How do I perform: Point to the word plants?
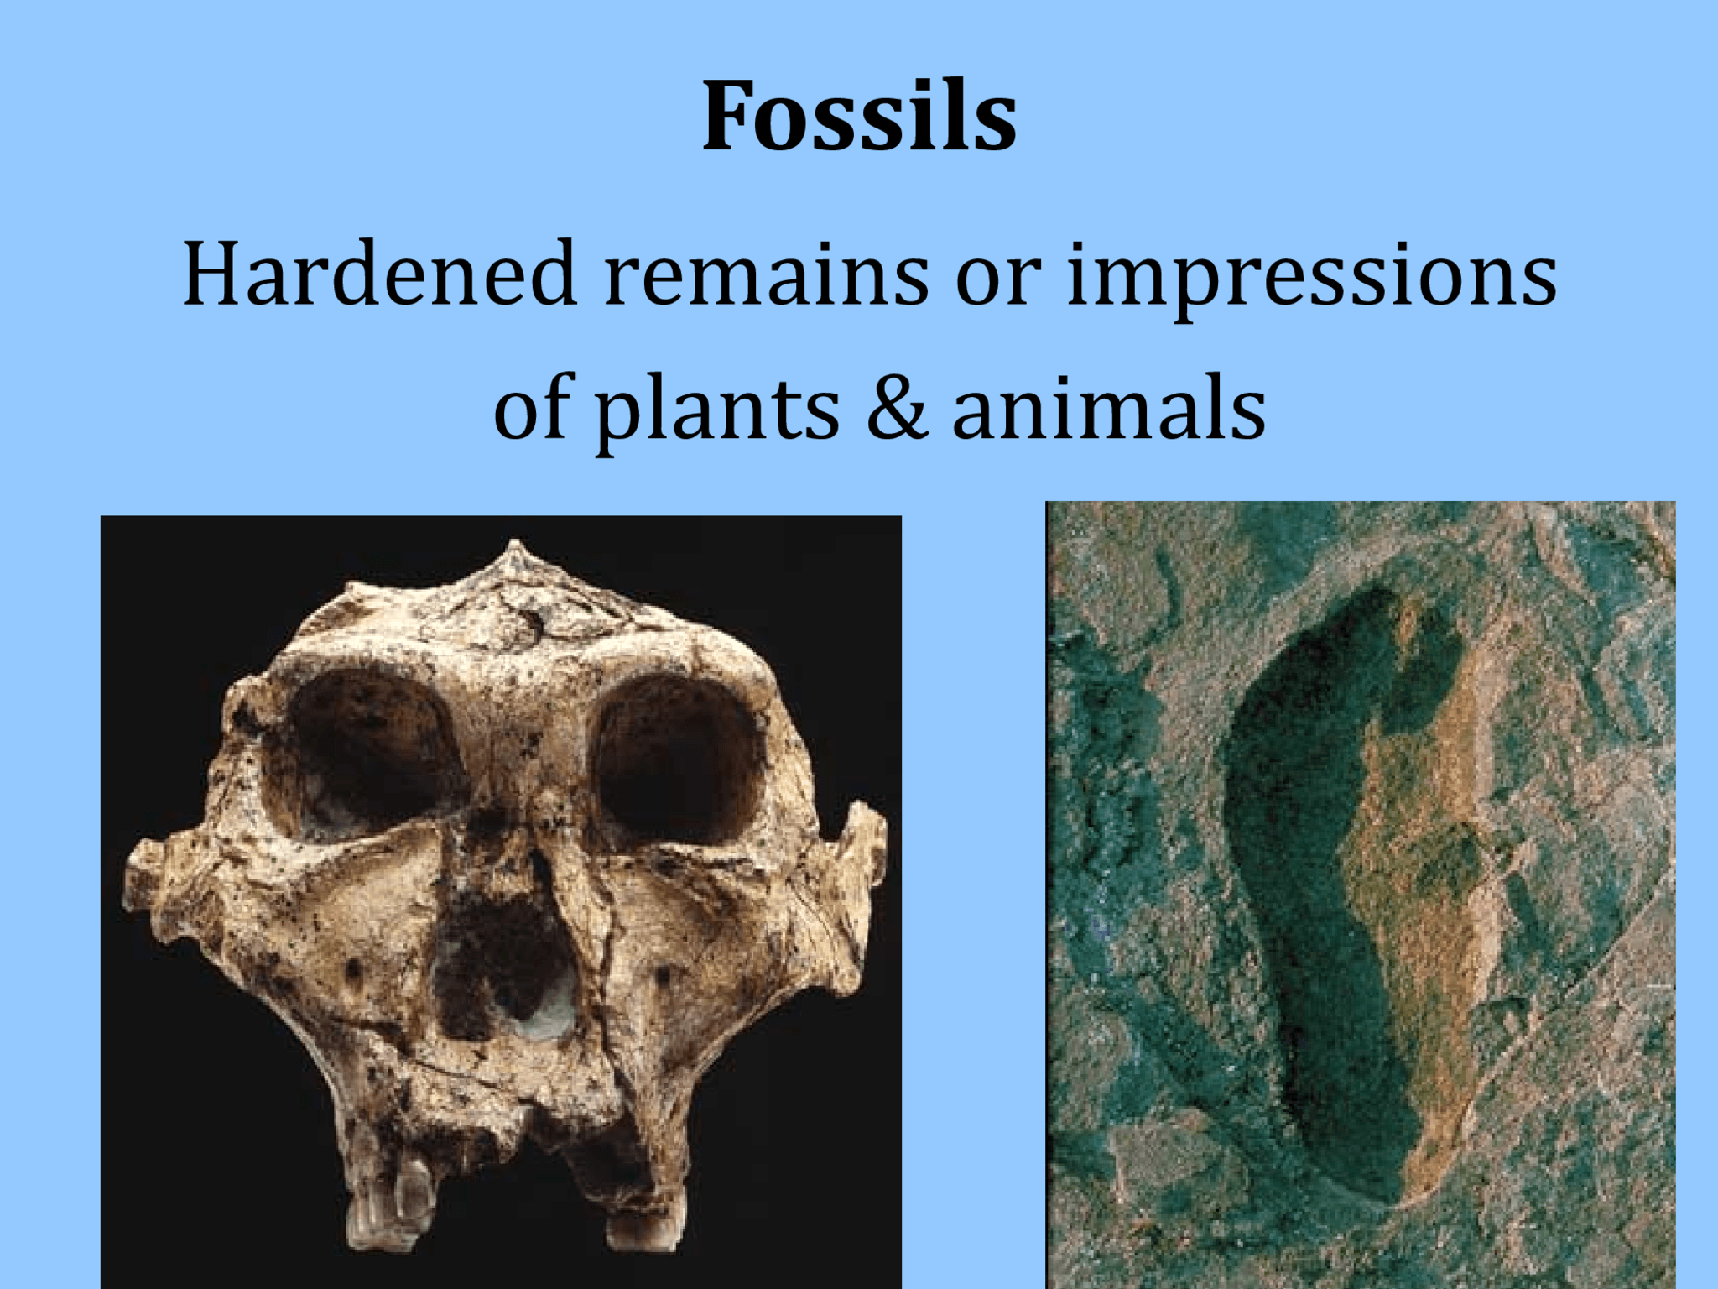coord(717,410)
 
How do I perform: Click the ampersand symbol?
coord(897,409)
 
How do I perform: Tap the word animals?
coord(1109,409)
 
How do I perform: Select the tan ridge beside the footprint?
coord(1418,881)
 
